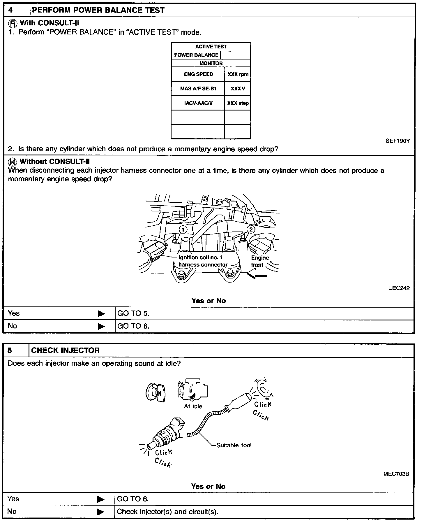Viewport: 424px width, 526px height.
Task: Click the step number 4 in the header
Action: [x=11, y=10]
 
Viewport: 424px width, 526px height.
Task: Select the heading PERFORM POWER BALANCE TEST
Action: [x=98, y=10]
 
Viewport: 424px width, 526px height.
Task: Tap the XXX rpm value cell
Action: [x=238, y=74]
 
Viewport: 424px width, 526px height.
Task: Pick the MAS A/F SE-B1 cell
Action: [x=198, y=89]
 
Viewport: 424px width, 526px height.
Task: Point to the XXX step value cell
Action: [x=238, y=103]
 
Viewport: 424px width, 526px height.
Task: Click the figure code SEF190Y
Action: [x=397, y=141]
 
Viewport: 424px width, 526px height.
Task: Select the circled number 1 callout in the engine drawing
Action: [x=183, y=229]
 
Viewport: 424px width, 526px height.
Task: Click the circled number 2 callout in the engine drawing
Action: [x=251, y=229]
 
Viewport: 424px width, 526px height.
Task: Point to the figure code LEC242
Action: [x=399, y=288]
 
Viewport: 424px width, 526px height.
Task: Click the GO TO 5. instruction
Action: [x=133, y=313]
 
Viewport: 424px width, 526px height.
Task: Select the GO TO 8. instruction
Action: [x=133, y=326]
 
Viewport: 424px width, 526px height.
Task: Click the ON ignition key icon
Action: [x=155, y=393]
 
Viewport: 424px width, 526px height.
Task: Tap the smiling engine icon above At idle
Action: [x=192, y=391]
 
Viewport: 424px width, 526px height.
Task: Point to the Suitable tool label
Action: [x=234, y=445]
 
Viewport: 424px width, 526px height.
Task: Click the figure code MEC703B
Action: [x=396, y=474]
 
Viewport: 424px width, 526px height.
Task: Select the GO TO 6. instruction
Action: [x=133, y=499]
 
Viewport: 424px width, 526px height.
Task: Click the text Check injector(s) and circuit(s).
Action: [x=167, y=512]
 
